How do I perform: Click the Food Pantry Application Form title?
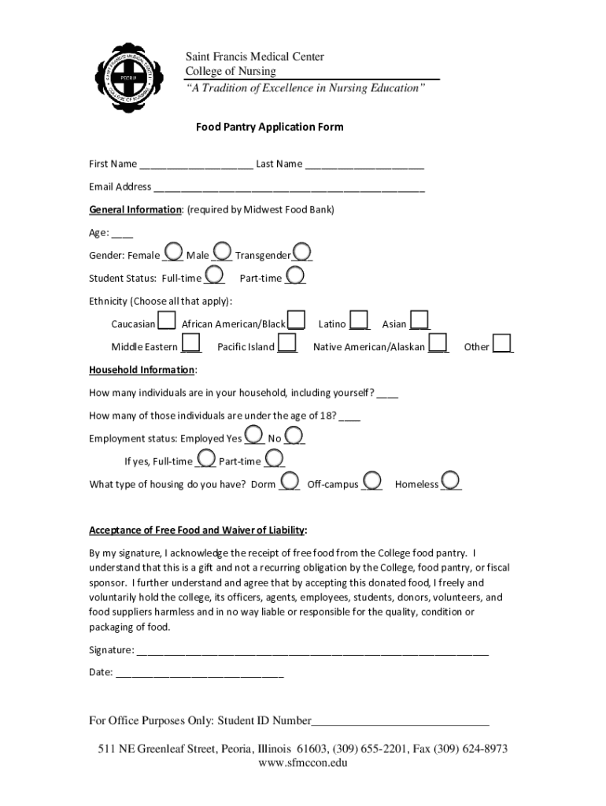[x=269, y=127]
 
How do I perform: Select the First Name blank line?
[x=196, y=165]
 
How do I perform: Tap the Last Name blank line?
[x=364, y=165]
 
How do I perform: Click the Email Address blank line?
[x=289, y=187]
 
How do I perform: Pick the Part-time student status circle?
[x=295, y=275]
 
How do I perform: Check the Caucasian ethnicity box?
[x=166, y=320]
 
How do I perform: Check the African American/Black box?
[x=296, y=320]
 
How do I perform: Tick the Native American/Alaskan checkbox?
[x=438, y=343]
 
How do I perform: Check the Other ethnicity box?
[x=502, y=343]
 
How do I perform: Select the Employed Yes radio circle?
[x=254, y=435]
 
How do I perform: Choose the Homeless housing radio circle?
[x=451, y=480]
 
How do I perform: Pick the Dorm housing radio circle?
[x=290, y=480]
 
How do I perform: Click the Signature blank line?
[x=312, y=651]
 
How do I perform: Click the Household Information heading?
[x=142, y=370]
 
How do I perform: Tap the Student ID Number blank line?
[x=401, y=721]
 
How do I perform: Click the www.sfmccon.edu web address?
[x=302, y=763]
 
